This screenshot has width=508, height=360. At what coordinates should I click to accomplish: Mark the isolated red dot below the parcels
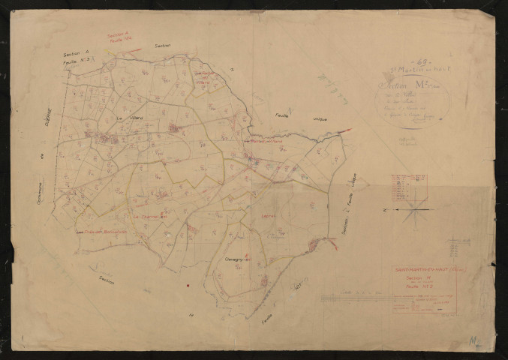click(x=188, y=286)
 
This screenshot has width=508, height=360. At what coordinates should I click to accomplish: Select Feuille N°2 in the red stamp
click(x=415, y=286)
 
